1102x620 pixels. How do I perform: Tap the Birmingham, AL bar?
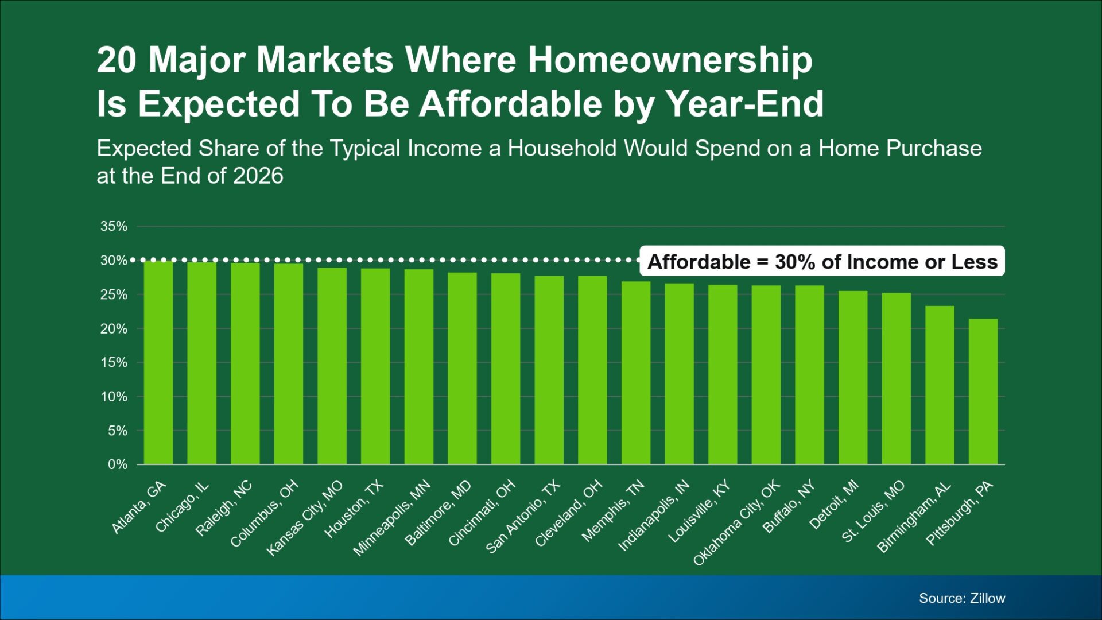tap(940, 385)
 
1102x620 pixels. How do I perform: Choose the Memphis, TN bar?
tap(636, 373)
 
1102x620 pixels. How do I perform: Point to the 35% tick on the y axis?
tap(114, 226)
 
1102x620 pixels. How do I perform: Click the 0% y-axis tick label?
tap(118, 464)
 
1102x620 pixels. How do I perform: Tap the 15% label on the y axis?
tap(114, 362)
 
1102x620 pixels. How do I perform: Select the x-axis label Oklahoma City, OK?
tap(737, 523)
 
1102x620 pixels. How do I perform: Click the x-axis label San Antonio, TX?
tap(522, 517)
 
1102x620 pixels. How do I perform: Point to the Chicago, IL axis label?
tap(182, 507)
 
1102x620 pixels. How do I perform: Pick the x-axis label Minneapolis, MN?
tap(391, 518)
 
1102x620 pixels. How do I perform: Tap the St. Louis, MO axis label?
tap(873, 511)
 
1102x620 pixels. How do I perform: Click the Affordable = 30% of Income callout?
tap(822, 262)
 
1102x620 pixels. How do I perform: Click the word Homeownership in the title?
tap(670, 60)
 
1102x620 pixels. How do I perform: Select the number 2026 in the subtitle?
tap(258, 176)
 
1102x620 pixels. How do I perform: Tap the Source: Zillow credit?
tap(962, 598)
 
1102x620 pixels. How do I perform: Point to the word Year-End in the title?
tap(744, 104)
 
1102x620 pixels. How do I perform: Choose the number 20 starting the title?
tap(117, 60)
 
